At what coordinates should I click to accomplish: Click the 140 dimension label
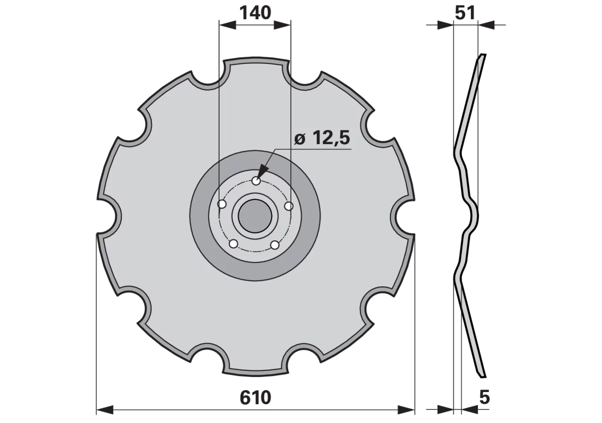[x=255, y=13]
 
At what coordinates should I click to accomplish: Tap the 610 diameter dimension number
[x=255, y=398]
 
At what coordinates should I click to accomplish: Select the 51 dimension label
[x=465, y=13]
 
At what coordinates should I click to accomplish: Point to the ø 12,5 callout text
[x=322, y=138]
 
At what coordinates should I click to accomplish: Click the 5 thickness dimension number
[x=484, y=398]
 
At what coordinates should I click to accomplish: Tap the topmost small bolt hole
[x=256, y=181]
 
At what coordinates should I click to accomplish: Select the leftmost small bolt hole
[x=222, y=204]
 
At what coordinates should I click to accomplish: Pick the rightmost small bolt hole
[x=289, y=206]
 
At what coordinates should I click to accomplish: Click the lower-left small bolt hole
[x=233, y=244]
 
